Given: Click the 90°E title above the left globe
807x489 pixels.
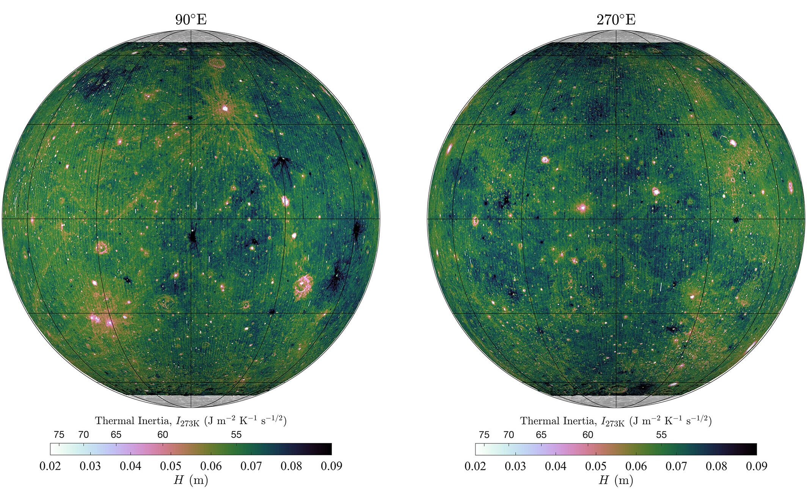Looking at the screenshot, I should (191, 19).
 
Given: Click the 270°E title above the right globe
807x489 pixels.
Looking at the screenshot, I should (616, 19).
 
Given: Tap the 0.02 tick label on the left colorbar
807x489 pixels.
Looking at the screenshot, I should (50, 466).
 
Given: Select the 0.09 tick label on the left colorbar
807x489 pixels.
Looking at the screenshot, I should (331, 466).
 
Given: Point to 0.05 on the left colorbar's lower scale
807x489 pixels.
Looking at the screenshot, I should (170, 466).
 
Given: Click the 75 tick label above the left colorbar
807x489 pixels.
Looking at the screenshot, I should (59, 435).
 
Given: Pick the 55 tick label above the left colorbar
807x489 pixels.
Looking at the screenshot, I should (236, 435).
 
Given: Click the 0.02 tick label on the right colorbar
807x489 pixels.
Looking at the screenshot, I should (475, 466).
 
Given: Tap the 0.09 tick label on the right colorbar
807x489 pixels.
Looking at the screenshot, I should (756, 466).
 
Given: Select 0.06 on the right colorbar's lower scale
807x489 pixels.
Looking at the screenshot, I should (636, 466).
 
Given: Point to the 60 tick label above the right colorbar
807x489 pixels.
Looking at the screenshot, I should (588, 435).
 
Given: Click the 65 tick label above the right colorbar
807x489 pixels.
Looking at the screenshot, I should (541, 435).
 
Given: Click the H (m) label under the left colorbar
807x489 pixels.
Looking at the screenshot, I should (191, 480).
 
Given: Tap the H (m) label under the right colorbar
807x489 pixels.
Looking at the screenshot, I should (616, 480).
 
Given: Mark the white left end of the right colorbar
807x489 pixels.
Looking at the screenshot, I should (480, 449).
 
